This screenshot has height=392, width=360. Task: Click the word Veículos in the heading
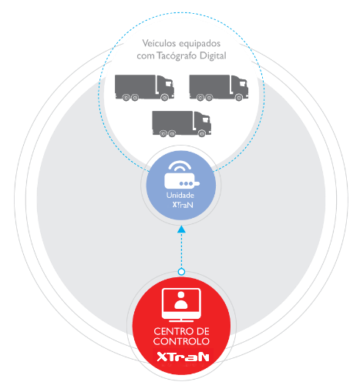pyautogui.click(x=159, y=43)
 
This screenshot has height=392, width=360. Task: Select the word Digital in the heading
pyautogui.click(x=213, y=55)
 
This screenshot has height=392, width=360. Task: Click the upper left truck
pyautogui.click(x=144, y=88)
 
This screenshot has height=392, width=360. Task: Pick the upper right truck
pyautogui.click(x=219, y=88)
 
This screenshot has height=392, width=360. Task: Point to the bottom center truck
pyautogui.click(x=182, y=124)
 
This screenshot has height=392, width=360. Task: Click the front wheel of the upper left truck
pyautogui.click(x=164, y=97)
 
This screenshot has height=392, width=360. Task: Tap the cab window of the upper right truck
pyautogui.click(x=243, y=83)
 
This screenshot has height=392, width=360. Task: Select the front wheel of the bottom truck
pyautogui.click(x=202, y=133)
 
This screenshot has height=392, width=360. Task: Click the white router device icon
pyautogui.click(x=181, y=180)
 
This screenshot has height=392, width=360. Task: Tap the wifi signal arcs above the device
pyautogui.click(x=180, y=166)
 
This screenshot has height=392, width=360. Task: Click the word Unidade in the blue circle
pyautogui.click(x=180, y=196)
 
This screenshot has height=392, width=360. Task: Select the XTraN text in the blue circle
pyautogui.click(x=183, y=205)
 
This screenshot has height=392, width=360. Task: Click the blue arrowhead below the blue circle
pyautogui.click(x=181, y=230)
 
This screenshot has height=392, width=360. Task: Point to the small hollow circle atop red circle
pyautogui.click(x=181, y=272)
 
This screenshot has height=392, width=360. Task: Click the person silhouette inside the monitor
pyautogui.click(x=181, y=300)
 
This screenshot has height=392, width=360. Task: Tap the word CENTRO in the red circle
pyautogui.click(x=170, y=331)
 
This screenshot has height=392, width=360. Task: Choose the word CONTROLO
pyautogui.click(x=181, y=341)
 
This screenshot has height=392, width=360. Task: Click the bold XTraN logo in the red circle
pyautogui.click(x=183, y=357)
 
